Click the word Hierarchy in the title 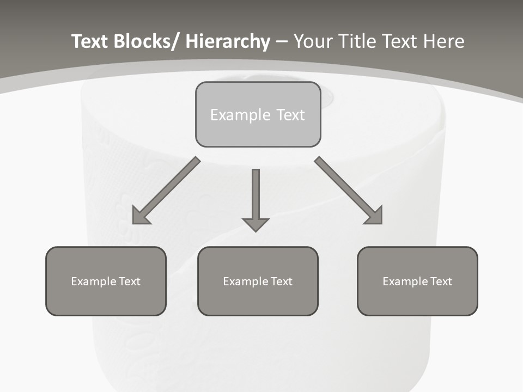point(228,41)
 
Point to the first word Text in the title point(90,41)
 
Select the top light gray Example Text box point(258,114)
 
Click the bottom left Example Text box point(106,281)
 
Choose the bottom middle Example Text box point(258,281)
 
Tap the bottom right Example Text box point(417,281)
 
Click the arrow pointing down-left point(166,191)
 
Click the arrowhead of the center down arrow point(256,224)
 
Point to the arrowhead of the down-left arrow point(139,216)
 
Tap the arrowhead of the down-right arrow point(375,216)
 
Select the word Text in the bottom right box point(441,281)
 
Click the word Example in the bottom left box point(93,281)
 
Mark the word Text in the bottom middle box point(281,281)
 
